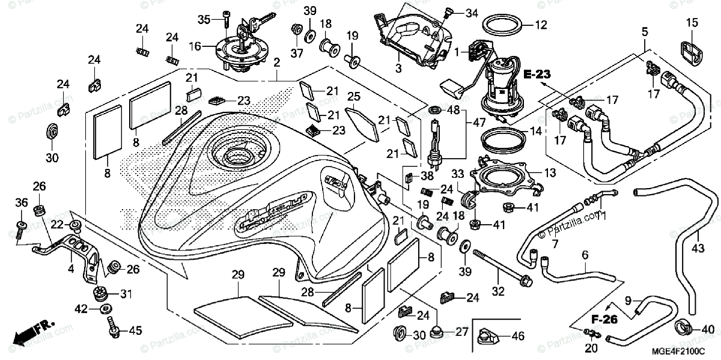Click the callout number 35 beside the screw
204,20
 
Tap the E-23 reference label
537,75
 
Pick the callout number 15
692,23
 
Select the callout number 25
354,96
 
